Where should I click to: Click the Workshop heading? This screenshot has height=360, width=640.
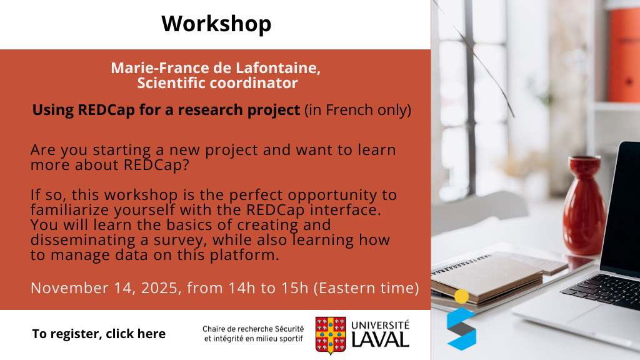pyautogui.click(x=216, y=24)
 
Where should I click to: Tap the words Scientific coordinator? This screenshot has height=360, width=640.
pyautogui.click(x=217, y=83)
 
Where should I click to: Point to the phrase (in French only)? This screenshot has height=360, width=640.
pyautogui.click(x=357, y=110)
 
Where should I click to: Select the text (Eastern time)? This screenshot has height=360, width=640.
pyautogui.click(x=366, y=288)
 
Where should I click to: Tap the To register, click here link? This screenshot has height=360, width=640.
pyautogui.click(x=99, y=334)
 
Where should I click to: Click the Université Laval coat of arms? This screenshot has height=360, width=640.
pyautogui.click(x=331, y=335)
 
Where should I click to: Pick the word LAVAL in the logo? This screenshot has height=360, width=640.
pyautogui.click(x=380, y=340)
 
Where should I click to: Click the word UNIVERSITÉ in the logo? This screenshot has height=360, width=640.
pyautogui.click(x=380, y=325)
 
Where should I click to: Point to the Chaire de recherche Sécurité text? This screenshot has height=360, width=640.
pyautogui.click(x=253, y=329)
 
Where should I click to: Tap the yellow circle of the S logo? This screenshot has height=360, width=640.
pyautogui.click(x=462, y=296)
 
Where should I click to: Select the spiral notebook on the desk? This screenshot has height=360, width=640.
pyautogui.click(x=487, y=278)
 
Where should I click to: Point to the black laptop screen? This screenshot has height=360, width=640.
pyautogui.click(x=622, y=208)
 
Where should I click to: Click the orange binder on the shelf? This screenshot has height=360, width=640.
pyautogui.click(x=624, y=55)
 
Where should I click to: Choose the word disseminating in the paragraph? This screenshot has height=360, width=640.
pyautogui.click(x=83, y=240)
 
